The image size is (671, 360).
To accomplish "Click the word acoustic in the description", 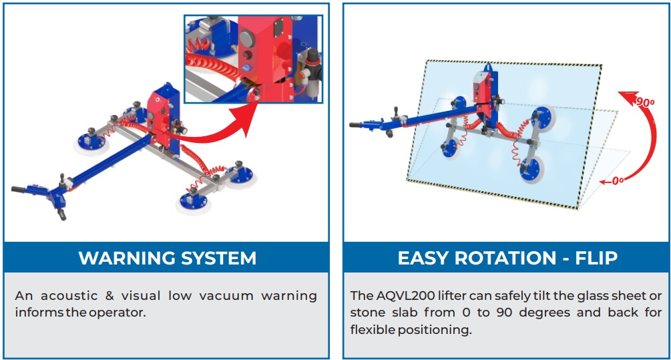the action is [69, 296].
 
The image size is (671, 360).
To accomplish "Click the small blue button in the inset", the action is [247, 68].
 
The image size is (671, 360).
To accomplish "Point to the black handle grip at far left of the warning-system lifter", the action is [19, 189].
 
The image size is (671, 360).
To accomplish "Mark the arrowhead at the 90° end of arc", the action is [627, 97].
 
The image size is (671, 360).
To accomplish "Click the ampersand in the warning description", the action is [109, 296].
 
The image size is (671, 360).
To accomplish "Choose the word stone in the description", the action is [367, 313].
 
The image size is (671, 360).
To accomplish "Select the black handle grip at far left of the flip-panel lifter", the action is [356, 125].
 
